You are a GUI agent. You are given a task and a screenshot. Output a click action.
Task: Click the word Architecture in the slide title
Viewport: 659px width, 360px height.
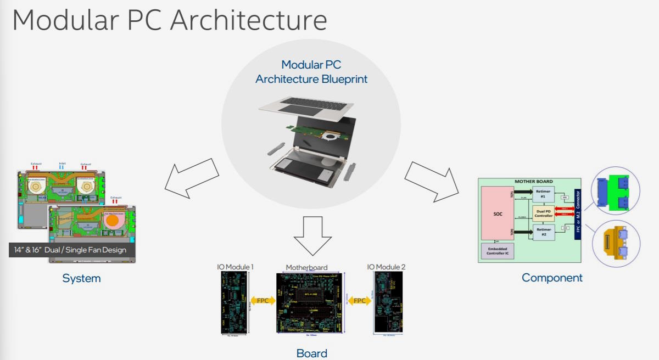click(249, 20)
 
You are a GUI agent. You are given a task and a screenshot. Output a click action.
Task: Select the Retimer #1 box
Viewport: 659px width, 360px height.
click(543, 194)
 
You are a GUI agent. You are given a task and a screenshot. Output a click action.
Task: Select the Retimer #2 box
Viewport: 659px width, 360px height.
click(543, 232)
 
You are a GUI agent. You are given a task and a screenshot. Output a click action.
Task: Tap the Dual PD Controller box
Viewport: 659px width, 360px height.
click(543, 213)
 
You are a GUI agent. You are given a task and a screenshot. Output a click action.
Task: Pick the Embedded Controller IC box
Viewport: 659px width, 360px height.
click(497, 250)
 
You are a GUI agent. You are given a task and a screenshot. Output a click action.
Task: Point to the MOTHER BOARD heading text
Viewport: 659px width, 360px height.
click(533, 181)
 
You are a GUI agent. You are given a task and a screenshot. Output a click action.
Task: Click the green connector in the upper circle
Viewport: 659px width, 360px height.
click(615, 193)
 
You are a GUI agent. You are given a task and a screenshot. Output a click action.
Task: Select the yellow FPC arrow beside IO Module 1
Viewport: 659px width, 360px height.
click(263, 301)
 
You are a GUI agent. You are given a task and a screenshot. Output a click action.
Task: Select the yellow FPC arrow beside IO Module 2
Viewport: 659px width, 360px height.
click(359, 301)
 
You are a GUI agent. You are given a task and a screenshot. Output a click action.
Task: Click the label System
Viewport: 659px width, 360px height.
click(81, 278)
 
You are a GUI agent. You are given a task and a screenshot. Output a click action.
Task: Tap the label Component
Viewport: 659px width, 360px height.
click(552, 278)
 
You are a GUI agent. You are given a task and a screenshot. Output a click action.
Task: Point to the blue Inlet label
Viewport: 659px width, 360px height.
click(62, 164)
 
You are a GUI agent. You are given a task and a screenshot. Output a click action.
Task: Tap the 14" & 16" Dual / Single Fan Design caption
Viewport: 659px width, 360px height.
click(70, 250)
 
